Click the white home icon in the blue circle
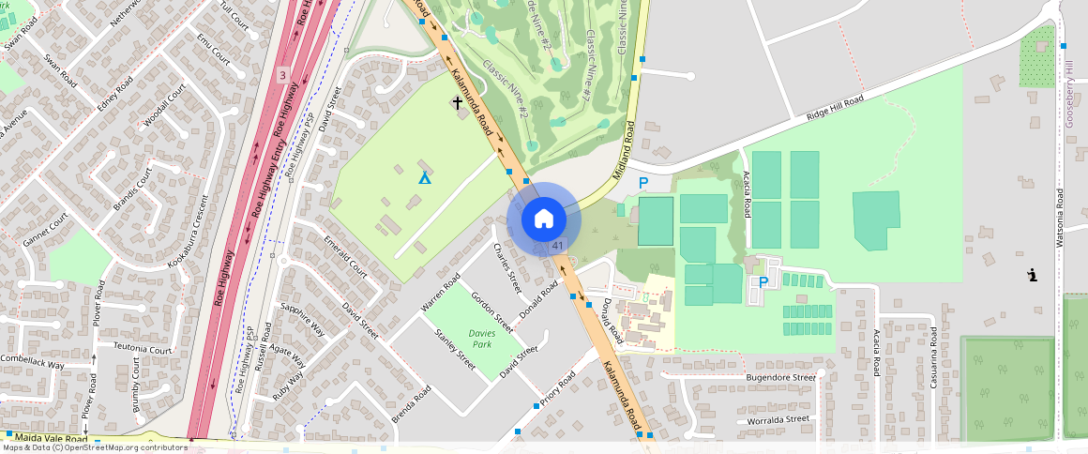click(x=543, y=219)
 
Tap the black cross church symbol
click(x=459, y=101)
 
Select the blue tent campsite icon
click(x=424, y=176)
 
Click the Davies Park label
click(x=482, y=339)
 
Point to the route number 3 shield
click(x=282, y=73)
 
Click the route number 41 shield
click(x=557, y=245)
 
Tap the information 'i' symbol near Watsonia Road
click(x=1032, y=275)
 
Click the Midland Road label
click(x=626, y=150)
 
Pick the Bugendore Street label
click(x=780, y=377)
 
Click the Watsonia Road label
click(x=1060, y=218)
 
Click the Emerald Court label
click(x=345, y=256)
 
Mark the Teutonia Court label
click(x=143, y=349)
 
